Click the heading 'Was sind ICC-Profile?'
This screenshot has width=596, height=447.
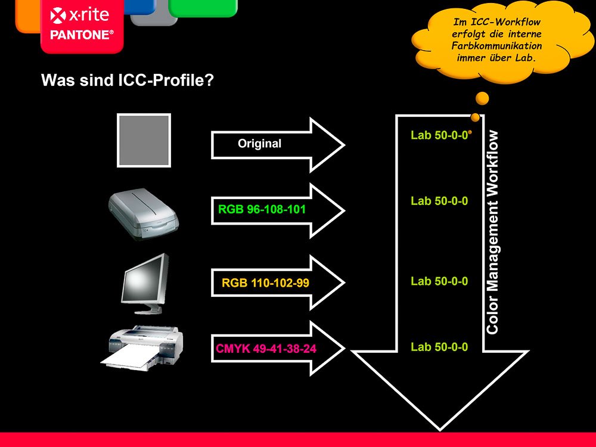pyautogui.click(x=128, y=80)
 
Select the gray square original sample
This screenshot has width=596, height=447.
pyautogui.click(x=144, y=140)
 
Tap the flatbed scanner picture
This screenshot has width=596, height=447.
pyautogui.click(x=143, y=213)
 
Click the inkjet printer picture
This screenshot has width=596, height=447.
pyautogui.click(x=142, y=348)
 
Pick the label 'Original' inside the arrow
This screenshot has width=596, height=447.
pyautogui.click(x=260, y=144)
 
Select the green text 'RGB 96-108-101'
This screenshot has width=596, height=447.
pyautogui.click(x=262, y=209)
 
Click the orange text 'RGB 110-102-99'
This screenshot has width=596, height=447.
pyautogui.click(x=265, y=283)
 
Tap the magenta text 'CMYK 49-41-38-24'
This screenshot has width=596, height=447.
pyautogui.click(x=266, y=349)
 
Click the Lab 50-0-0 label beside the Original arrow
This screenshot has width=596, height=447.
pyautogui.click(x=439, y=135)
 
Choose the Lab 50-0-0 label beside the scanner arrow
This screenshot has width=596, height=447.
pyautogui.click(x=439, y=201)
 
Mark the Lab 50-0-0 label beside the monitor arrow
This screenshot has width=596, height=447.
pyautogui.click(x=439, y=281)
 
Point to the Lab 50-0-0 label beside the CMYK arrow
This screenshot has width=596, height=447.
pyautogui.click(x=439, y=347)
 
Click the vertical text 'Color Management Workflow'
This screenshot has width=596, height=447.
pyautogui.click(x=492, y=232)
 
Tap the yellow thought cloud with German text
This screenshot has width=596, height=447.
pyautogui.click(x=502, y=41)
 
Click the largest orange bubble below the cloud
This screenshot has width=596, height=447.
pyautogui.click(x=482, y=98)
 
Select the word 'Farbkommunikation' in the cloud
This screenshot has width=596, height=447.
pyautogui.click(x=497, y=46)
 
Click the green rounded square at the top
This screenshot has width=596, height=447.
pyautogui.click(x=203, y=8)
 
